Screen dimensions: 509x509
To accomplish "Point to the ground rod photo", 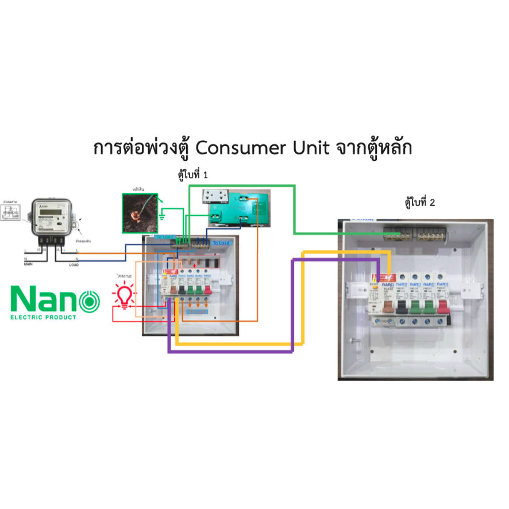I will pyautogui.click(x=140, y=213).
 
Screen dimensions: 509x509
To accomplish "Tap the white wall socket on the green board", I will pyautogui.click(x=217, y=198).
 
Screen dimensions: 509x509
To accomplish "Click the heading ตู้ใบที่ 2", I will pyautogui.click(x=420, y=202).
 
